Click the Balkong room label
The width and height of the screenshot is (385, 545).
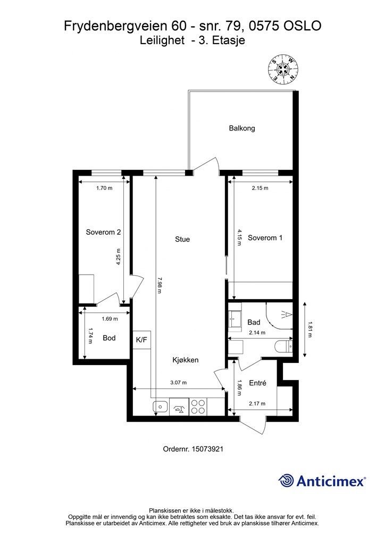tap(242, 128)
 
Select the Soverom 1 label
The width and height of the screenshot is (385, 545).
tap(265, 238)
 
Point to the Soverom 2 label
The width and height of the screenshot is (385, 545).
tap(103, 232)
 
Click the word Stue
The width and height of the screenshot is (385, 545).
tap(182, 240)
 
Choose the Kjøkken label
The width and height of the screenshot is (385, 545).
tap(186, 360)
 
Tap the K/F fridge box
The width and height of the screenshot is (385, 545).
tap(141, 340)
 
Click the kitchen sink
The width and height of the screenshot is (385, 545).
tap(160, 408)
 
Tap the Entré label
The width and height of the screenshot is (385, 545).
tap(257, 383)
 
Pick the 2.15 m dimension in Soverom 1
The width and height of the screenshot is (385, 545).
tap(260, 188)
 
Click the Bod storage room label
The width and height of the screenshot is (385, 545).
tap(109, 338)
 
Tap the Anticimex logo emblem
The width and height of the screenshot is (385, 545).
tap(287, 481)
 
